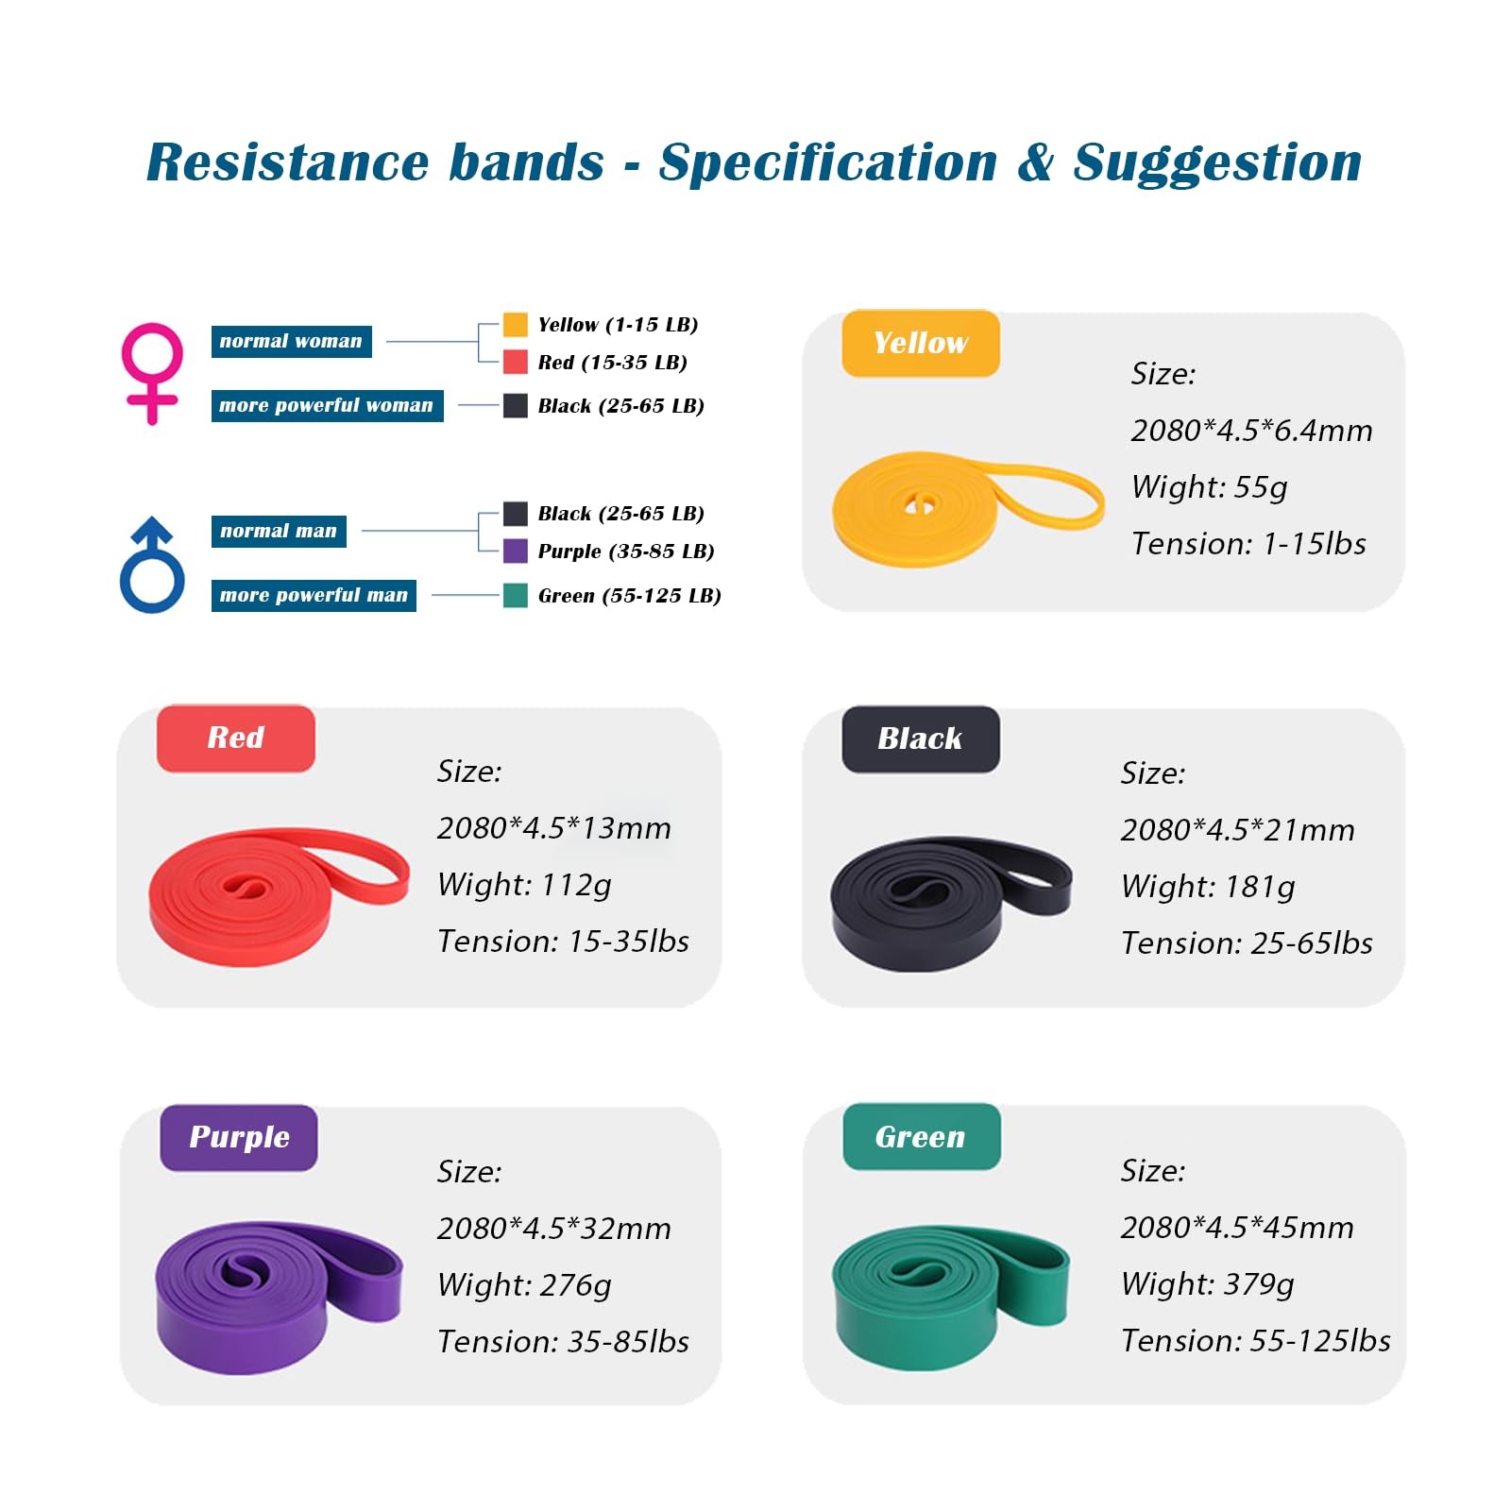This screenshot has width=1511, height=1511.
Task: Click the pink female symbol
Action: click(151, 372)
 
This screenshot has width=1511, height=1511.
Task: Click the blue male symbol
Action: click(152, 567)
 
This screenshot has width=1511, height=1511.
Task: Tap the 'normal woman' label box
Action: click(291, 341)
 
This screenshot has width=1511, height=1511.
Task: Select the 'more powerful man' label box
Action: click(314, 595)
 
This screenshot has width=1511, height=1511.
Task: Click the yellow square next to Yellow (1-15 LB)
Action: click(515, 325)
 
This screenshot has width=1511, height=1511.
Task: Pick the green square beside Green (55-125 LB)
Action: click(515, 595)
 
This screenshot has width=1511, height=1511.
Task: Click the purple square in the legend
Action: click(515, 551)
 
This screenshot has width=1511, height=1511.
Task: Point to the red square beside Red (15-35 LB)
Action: click(515, 362)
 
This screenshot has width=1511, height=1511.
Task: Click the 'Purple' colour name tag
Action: click(239, 1137)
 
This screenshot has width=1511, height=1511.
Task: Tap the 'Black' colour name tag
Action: click(920, 739)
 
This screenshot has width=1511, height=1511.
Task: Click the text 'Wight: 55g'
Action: click(1209, 487)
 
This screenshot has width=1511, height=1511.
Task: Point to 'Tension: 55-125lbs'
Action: click(1255, 1341)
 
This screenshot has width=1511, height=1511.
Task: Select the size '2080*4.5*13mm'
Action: click(553, 828)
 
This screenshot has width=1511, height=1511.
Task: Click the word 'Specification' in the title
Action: click(827, 162)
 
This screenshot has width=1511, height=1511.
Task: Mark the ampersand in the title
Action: click(1035, 162)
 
